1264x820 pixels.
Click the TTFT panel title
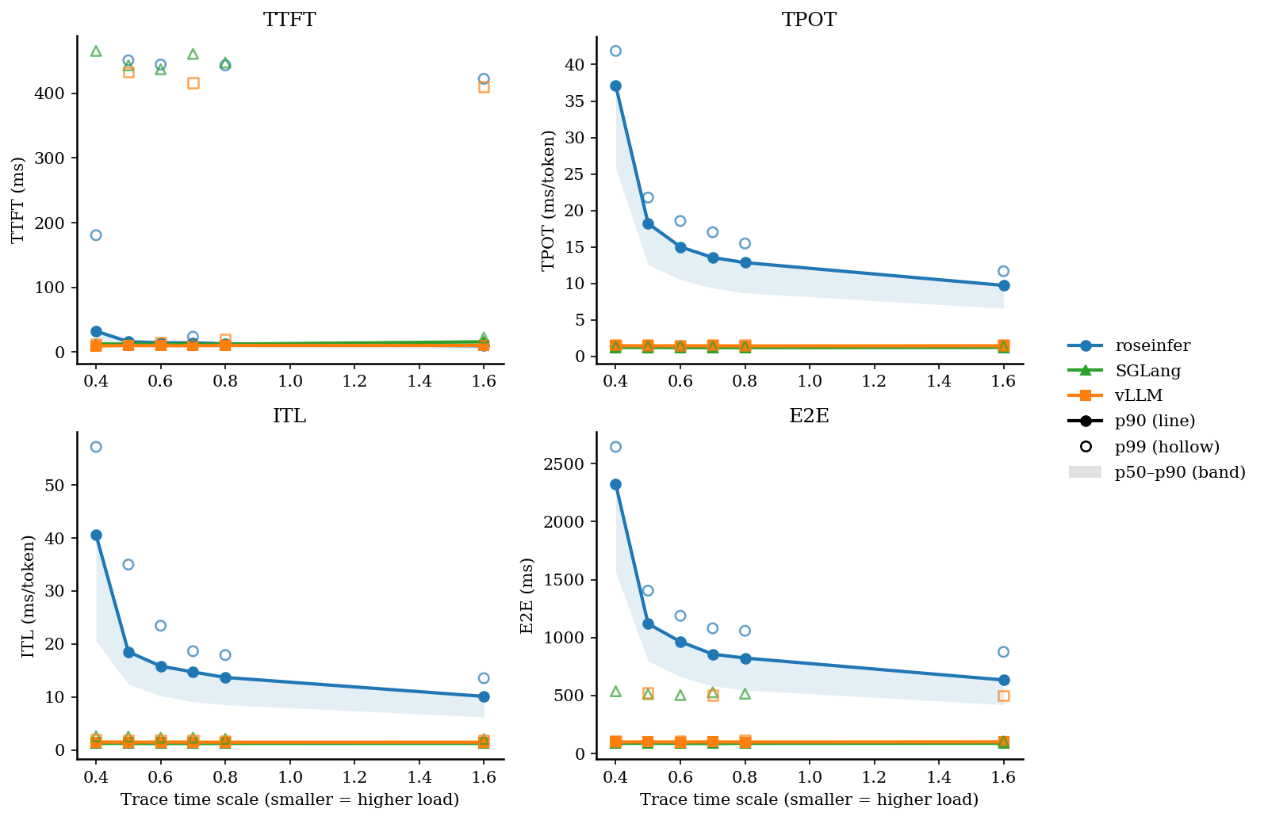pyautogui.click(x=289, y=20)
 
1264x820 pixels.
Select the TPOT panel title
pyautogui.click(x=809, y=20)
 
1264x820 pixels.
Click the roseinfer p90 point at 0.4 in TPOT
pyautogui.click(x=615, y=86)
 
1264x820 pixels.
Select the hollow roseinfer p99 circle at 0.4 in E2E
pyautogui.click(x=615, y=447)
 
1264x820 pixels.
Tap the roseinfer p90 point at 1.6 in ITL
pyautogui.click(x=484, y=696)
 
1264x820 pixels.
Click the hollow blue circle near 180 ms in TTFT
pyautogui.click(x=96, y=235)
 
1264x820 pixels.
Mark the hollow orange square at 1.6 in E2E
pyautogui.click(x=1004, y=696)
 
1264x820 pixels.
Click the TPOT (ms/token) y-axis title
pyautogui.click(x=548, y=200)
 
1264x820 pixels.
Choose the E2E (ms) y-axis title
pyautogui.click(x=527, y=596)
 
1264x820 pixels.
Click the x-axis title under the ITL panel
pyautogui.click(x=289, y=799)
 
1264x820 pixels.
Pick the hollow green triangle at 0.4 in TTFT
pyautogui.click(x=96, y=51)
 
